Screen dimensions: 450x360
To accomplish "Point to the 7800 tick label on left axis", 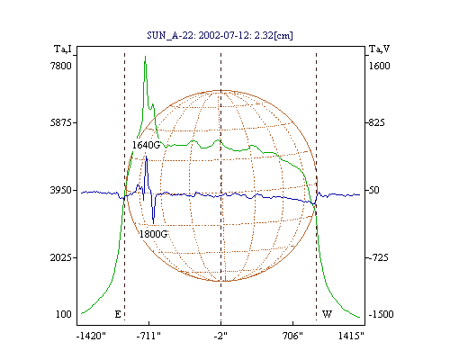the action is (61, 66).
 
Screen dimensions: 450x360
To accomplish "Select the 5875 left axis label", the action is (61, 122).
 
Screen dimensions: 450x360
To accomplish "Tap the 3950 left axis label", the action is (61, 190).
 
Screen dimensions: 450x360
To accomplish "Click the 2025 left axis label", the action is (61, 257).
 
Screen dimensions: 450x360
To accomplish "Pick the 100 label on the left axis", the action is (64, 314).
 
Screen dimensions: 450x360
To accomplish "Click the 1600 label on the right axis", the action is (380, 66).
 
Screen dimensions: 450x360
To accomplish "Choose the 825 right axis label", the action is (376, 122).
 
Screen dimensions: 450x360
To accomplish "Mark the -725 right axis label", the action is (378, 257).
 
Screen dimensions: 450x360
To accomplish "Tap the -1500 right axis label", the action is (381, 314).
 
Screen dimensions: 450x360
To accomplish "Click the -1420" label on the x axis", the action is (92, 336).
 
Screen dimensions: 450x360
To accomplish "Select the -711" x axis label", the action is (148, 336).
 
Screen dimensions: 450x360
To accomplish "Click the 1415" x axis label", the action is (351, 336).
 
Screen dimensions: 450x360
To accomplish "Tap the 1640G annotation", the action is (146, 145).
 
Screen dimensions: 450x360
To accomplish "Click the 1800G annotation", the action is (153, 234).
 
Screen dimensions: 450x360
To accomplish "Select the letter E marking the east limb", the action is (118, 314).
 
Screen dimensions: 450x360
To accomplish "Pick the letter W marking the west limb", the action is (327, 314).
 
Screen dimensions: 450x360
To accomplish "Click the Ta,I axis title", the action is (63, 49).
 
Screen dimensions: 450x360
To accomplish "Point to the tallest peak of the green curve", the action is (146, 56).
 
